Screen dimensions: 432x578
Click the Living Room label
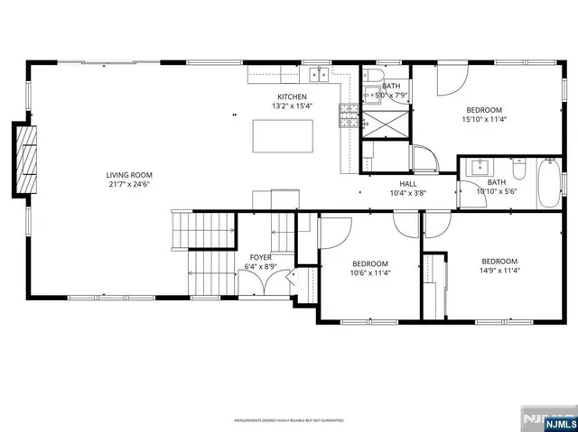(x=128, y=175)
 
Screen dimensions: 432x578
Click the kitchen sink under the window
(x=318, y=74)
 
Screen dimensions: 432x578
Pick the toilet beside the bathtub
(x=518, y=170)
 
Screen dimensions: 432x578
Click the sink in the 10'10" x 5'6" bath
(x=479, y=167)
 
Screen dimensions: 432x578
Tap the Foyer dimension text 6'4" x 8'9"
(x=261, y=267)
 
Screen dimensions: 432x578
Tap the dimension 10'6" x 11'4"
(x=370, y=272)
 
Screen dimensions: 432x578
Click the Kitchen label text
(x=292, y=97)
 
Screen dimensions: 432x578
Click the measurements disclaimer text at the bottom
(x=288, y=419)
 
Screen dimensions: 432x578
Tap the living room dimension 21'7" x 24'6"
(x=128, y=184)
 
